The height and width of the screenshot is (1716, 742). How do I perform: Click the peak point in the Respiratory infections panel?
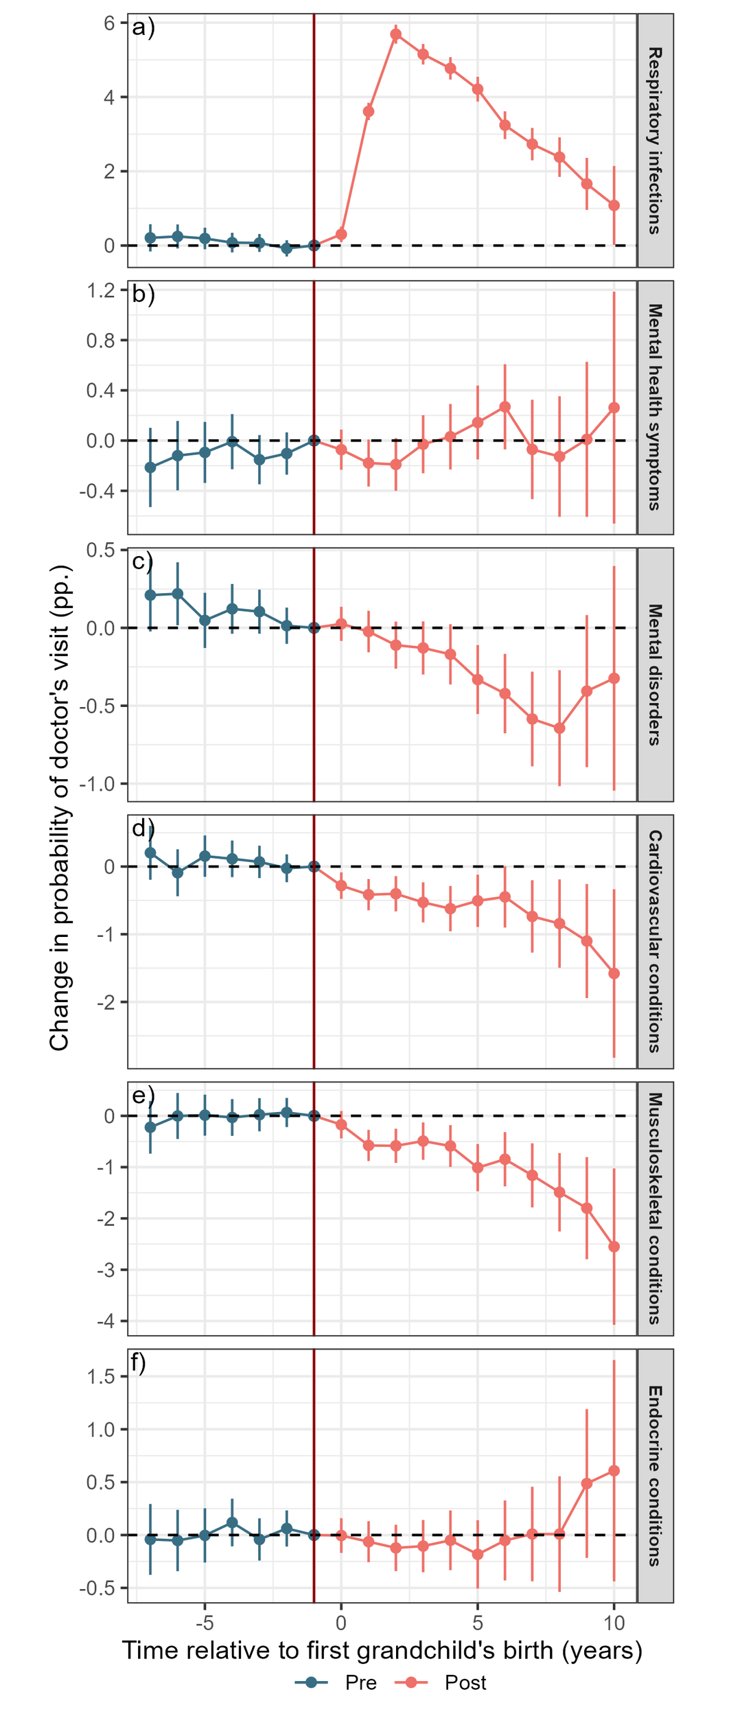(x=396, y=34)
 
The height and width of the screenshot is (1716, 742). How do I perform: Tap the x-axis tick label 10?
(x=614, y=1623)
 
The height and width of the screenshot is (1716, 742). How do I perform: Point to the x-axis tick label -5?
(x=204, y=1623)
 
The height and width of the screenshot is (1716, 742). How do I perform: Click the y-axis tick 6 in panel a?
(x=109, y=23)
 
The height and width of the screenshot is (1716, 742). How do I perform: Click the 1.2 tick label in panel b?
(x=101, y=290)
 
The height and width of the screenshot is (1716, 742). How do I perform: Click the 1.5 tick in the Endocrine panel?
(x=101, y=1376)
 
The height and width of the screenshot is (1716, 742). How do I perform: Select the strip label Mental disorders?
(x=655, y=674)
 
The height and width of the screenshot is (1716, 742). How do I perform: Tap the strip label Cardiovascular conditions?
(x=655, y=941)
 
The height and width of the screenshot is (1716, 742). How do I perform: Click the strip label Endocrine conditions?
(x=655, y=1476)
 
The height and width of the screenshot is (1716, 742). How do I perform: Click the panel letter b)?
(x=143, y=294)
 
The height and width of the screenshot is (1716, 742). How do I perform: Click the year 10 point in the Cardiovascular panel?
(x=614, y=973)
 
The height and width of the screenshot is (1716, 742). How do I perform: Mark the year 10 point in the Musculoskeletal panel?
(x=614, y=1247)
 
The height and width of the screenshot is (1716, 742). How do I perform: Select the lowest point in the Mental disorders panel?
(x=559, y=728)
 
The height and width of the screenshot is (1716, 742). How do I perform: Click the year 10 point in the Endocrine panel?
(x=614, y=1471)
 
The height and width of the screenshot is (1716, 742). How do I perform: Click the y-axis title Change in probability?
(x=60, y=808)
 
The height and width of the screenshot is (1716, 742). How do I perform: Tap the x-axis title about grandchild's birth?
(x=382, y=1650)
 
